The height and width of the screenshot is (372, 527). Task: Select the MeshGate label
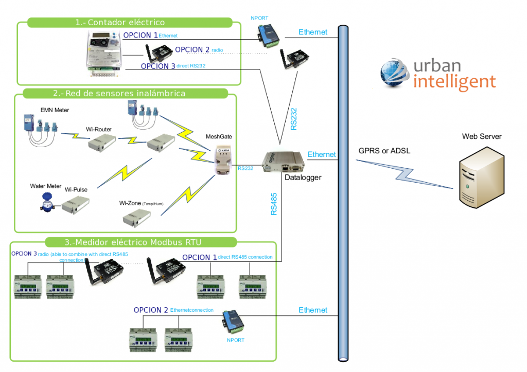[219, 137]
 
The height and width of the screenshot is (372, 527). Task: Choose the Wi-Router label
[99, 129]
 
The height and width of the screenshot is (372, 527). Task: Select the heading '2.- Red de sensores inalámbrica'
[119, 93]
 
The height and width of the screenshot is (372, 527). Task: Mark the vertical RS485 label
[274, 204]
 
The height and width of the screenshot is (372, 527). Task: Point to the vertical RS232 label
[293, 119]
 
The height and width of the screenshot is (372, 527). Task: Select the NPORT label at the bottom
[236, 340]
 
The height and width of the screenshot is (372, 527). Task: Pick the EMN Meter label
[55, 110]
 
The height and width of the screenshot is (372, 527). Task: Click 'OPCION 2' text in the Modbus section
[151, 310]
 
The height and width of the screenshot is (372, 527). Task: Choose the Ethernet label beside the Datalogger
[322, 154]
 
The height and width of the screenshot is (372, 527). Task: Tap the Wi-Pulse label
[76, 189]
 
